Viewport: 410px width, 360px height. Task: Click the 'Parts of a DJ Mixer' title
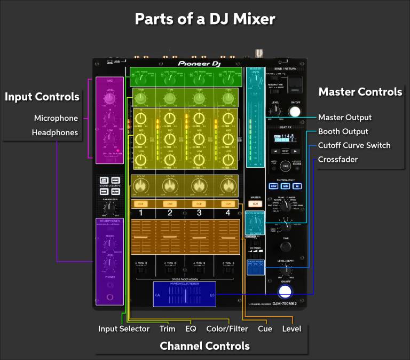[x=204, y=19]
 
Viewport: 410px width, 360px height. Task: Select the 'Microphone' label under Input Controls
[x=56, y=118]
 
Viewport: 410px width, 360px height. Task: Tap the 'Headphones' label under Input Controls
[x=55, y=132]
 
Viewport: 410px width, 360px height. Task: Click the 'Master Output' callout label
[x=344, y=118]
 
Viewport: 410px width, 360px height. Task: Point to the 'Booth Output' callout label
[x=343, y=131]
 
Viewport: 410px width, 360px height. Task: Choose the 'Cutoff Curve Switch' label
[x=354, y=145]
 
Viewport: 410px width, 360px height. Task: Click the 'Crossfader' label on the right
[x=338, y=159]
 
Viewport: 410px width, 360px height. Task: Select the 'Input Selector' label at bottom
[x=124, y=328]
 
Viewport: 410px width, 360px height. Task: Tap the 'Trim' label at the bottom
[x=167, y=328]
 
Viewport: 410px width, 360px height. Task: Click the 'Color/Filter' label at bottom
[x=227, y=328]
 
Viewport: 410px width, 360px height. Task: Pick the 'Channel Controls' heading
[x=204, y=346]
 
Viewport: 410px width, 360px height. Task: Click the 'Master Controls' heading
[x=360, y=92]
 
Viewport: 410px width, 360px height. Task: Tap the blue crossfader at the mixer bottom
[x=184, y=294]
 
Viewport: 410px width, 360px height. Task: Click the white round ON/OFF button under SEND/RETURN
[x=294, y=111]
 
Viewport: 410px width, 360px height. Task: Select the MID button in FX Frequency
[x=286, y=186]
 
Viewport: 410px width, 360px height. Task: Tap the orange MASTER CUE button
[x=255, y=204]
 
